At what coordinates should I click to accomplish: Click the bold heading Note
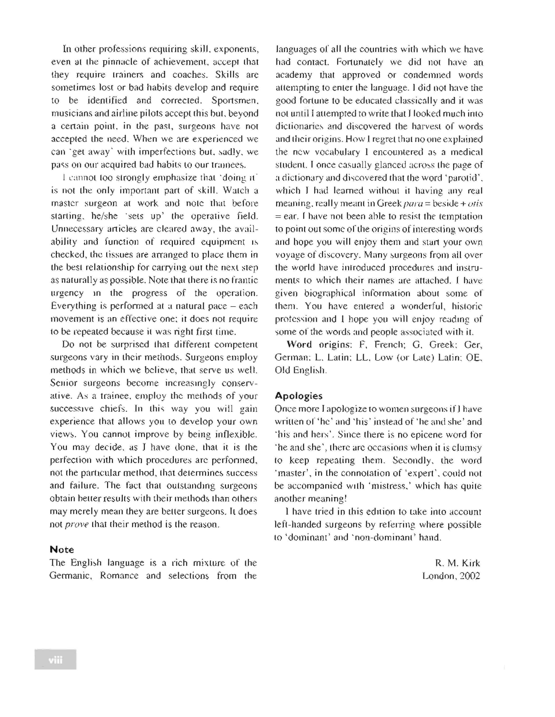point(62,550)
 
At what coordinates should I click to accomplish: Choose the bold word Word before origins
point(299,344)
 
